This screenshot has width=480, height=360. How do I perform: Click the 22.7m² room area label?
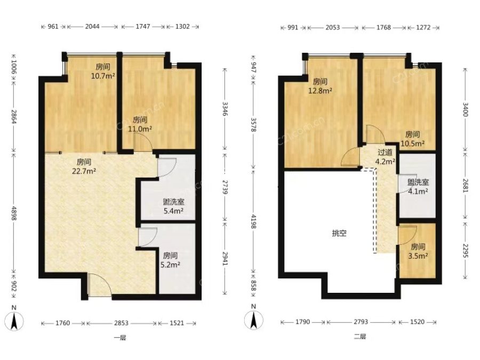click(x=84, y=166)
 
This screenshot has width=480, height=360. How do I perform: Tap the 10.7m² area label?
click(x=103, y=71)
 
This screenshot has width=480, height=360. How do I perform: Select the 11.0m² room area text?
click(x=140, y=124)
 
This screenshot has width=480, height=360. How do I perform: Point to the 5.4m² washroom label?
click(x=173, y=206)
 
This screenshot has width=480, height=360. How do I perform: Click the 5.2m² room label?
click(x=170, y=260)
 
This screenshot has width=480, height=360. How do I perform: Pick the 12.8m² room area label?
click(x=320, y=86)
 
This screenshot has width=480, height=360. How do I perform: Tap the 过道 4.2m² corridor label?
click(x=385, y=157)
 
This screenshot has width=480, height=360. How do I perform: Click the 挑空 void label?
click(x=340, y=233)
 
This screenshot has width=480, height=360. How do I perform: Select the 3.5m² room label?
click(x=418, y=251)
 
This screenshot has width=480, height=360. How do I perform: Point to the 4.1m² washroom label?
click(x=418, y=187)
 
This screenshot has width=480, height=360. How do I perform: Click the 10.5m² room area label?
click(x=413, y=139)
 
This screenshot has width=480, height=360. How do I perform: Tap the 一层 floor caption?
click(x=120, y=338)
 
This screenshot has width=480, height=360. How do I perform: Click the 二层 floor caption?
click(x=360, y=337)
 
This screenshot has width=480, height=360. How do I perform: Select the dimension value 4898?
click(x=14, y=212)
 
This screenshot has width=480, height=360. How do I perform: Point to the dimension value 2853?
click(x=121, y=323)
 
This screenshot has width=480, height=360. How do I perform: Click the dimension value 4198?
click(x=253, y=221)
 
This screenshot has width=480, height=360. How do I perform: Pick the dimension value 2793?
click(x=361, y=322)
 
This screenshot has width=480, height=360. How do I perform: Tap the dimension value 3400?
click(x=465, y=109)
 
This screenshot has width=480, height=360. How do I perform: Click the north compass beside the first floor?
click(x=14, y=318)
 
